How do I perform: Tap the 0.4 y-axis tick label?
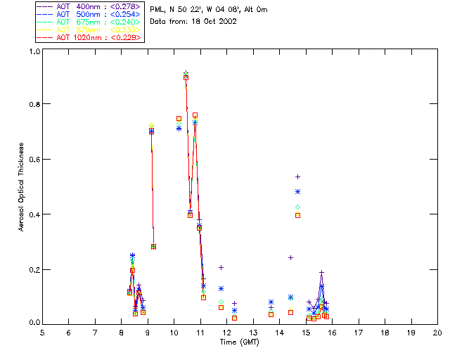(x=34, y=214)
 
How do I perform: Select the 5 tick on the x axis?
(x=42, y=332)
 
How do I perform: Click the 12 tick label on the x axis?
(x=226, y=332)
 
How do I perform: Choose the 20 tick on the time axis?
(x=437, y=332)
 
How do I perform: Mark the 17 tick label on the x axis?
(x=358, y=332)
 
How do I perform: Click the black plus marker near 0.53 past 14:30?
(x=298, y=176)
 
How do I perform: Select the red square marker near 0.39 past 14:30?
(x=298, y=215)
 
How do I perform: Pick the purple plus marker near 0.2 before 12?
(x=221, y=267)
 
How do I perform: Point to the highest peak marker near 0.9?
(x=186, y=75)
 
